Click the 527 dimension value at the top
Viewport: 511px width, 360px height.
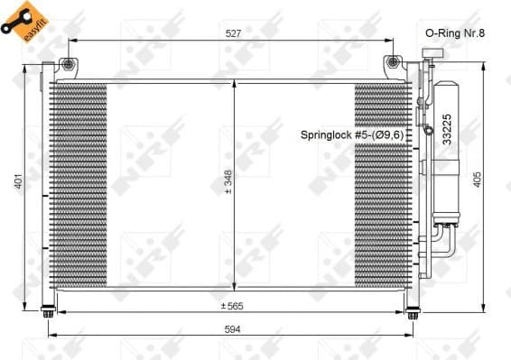tap(232, 33)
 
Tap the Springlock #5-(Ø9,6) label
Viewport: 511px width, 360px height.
tap(356, 134)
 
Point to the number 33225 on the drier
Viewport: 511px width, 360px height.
tap(446, 129)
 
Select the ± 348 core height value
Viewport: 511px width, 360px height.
tap(228, 184)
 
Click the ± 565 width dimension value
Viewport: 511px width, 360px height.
tap(233, 305)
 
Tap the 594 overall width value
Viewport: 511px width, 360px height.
tap(233, 329)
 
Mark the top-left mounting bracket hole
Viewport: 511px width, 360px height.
tap(70, 64)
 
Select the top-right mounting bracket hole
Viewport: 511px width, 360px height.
tap(393, 63)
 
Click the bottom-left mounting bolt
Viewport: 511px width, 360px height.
tap(47, 313)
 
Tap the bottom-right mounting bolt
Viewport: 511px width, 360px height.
tap(413, 313)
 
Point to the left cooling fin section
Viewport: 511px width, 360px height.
tap(80, 184)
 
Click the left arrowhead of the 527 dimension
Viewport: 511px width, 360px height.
tap(73, 41)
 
